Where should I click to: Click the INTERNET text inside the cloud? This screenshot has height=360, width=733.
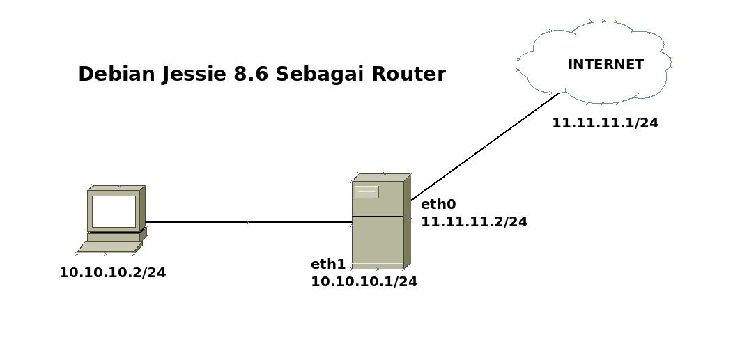point(605,65)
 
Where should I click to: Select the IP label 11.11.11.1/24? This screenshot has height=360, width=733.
point(605,123)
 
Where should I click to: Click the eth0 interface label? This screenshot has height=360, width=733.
point(438,204)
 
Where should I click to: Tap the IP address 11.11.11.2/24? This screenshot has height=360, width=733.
point(474,222)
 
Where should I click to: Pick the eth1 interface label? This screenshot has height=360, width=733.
point(328,264)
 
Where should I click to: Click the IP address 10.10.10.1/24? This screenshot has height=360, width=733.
point(364,282)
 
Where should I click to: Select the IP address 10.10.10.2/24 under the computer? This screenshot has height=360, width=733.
point(112,273)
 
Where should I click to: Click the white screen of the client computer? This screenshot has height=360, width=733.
point(114,211)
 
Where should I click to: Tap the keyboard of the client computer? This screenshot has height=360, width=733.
point(109,246)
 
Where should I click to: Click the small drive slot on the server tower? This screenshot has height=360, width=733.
point(366,191)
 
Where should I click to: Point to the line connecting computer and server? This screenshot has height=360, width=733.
point(247,222)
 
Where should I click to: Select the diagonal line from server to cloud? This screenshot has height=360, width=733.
point(484,147)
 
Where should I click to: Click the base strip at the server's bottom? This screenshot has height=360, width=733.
point(378,266)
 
